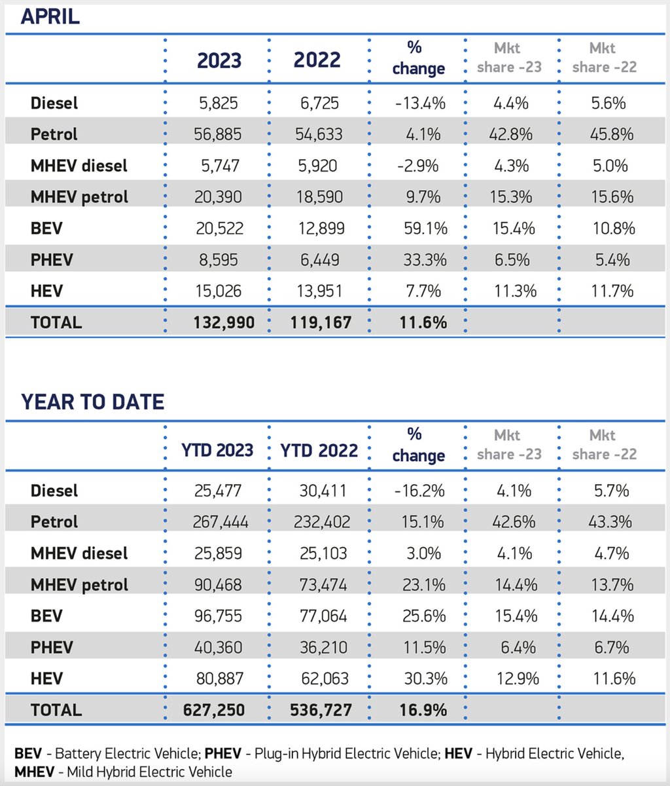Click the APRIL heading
pos(50,16)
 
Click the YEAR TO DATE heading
pos(92,402)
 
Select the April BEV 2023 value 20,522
pos(219,229)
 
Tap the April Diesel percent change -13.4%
pos(421,103)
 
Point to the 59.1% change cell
pos(425,229)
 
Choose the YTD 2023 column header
pos(217,451)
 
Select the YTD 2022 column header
pos(319,451)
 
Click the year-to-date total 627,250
pos(219,710)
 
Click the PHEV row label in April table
pos(52,260)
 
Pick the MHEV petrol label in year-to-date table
pos(79,584)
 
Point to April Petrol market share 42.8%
pos(511,134)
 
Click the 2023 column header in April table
pos(219,61)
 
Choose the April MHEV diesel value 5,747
pos(219,166)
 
